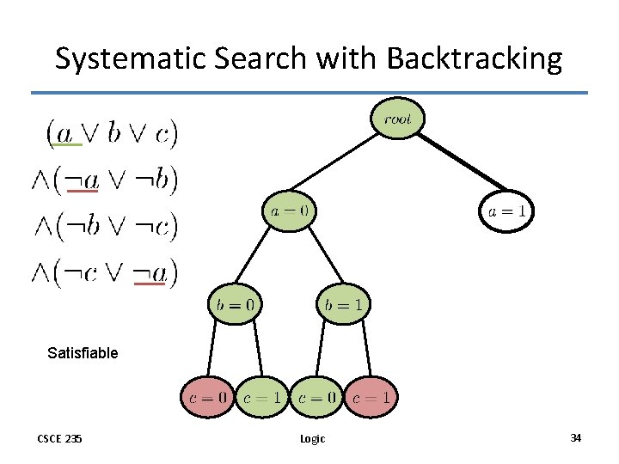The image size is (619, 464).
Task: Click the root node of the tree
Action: pyautogui.click(x=397, y=119)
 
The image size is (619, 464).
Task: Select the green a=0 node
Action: pyautogui.click(x=289, y=210)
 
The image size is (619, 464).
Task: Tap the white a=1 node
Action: pyautogui.click(x=507, y=211)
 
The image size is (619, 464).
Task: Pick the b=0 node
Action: pyautogui.click(x=235, y=303)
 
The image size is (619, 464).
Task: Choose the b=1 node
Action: pyautogui.click(x=344, y=303)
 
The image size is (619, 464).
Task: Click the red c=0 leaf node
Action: pyautogui.click(x=207, y=397)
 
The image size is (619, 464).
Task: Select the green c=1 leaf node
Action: pyautogui.click(x=262, y=397)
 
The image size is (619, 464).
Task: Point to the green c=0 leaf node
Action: pyautogui.click(x=316, y=397)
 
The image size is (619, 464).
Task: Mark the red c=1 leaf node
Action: pyautogui.click(x=371, y=397)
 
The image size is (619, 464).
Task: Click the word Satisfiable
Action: pyautogui.click(x=83, y=352)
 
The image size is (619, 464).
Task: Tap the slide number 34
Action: pyautogui.click(x=575, y=438)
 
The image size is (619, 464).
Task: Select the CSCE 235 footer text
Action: pyautogui.click(x=59, y=439)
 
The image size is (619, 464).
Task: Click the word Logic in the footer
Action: pyautogui.click(x=312, y=439)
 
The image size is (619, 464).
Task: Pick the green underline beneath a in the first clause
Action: pyautogui.click(x=64, y=145)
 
